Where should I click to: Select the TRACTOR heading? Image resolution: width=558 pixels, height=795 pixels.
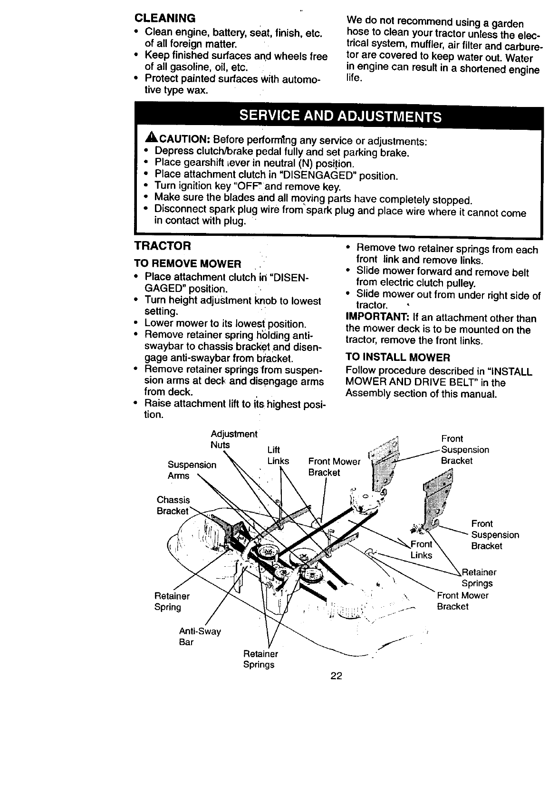pyautogui.click(x=163, y=246)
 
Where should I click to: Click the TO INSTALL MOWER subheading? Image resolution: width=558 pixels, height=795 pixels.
pyautogui.click(x=397, y=357)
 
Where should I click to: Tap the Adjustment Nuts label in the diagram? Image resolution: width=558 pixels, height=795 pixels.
pyautogui.click(x=233, y=439)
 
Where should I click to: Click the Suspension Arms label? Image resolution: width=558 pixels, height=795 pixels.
pyautogui.click(x=192, y=470)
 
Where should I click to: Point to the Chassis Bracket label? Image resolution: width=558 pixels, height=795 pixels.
pyautogui.click(x=173, y=505)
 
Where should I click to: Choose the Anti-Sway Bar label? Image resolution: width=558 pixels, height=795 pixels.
pyautogui.click(x=200, y=637)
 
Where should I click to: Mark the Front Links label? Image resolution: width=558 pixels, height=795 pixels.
pyautogui.click(x=422, y=550)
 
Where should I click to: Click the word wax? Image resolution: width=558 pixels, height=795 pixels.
pyautogui.click(x=195, y=90)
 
